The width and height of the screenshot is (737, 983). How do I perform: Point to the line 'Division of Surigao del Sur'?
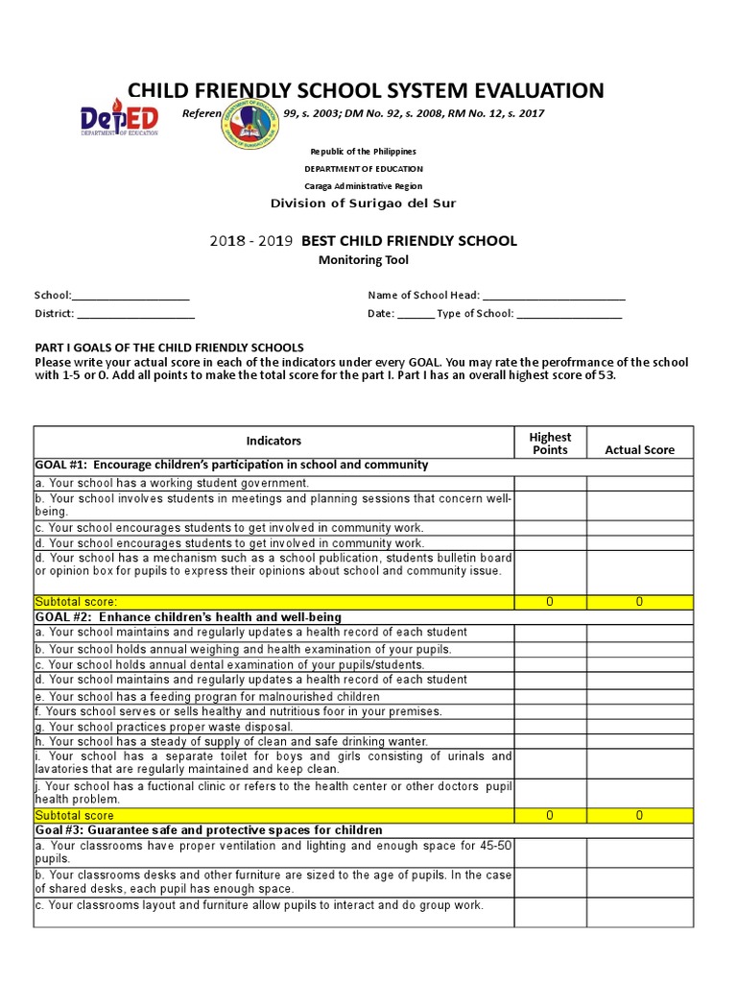363,204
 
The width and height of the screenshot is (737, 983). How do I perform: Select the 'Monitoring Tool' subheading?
363,260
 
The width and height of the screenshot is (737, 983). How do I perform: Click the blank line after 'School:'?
131,296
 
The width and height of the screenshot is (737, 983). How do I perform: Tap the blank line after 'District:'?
135,314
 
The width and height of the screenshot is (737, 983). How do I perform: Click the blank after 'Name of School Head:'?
554,296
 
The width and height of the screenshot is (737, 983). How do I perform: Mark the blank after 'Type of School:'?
569,314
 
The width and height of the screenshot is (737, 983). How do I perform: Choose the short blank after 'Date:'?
415,314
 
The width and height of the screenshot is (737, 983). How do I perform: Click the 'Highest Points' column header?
550,443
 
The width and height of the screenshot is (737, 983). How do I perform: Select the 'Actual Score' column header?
639,449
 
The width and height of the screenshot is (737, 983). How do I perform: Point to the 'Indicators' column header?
273,441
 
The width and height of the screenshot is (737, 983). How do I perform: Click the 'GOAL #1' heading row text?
232,465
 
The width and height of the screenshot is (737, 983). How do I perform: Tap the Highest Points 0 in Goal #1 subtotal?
550,602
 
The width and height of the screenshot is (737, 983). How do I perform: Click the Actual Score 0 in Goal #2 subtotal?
639,815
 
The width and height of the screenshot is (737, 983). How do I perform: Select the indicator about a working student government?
173,483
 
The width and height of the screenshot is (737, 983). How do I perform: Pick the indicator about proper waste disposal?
164,727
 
